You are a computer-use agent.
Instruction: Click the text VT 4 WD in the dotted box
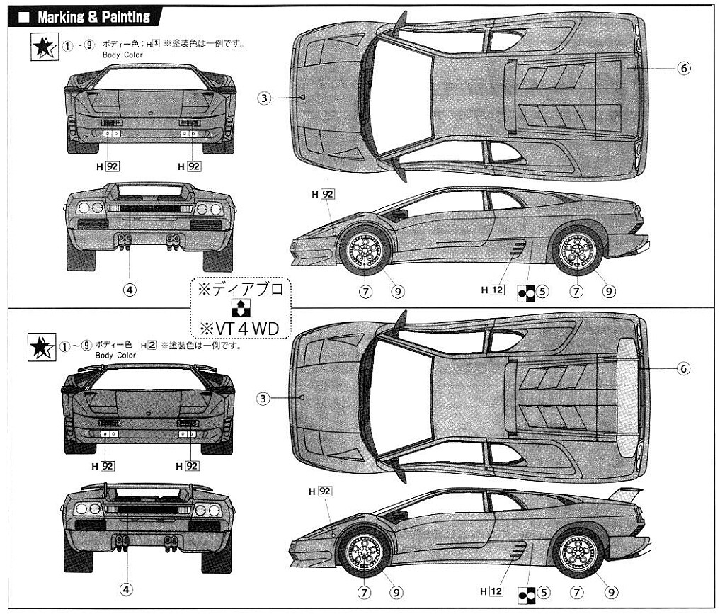pyautogui.click(x=241, y=329)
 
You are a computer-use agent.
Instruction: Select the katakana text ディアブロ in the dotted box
pyautogui.click(x=241, y=290)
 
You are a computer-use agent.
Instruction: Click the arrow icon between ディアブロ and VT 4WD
pyautogui.click(x=240, y=309)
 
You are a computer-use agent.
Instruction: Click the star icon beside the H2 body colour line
pyautogui.click(x=41, y=348)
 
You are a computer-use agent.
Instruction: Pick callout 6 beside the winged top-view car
pyautogui.click(x=683, y=368)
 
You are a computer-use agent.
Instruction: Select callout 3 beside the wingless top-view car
pyautogui.click(x=264, y=98)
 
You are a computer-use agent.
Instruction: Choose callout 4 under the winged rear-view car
pyautogui.click(x=126, y=589)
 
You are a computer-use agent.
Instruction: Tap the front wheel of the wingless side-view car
pyautogui.click(x=365, y=250)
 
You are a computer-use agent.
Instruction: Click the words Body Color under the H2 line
pyautogui.click(x=115, y=355)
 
